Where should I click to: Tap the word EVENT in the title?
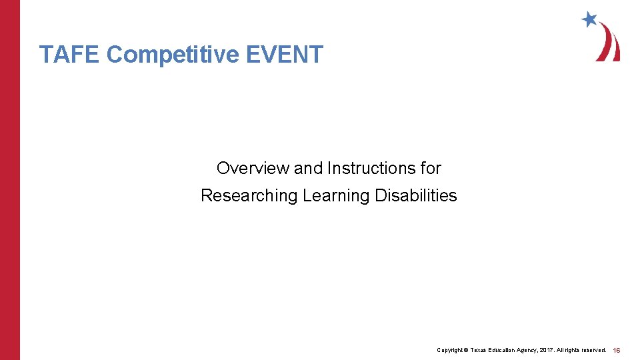(x=285, y=55)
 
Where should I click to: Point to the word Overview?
(x=253, y=168)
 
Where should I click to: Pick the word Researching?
(x=249, y=196)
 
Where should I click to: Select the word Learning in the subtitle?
(x=337, y=196)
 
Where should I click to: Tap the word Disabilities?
(x=416, y=196)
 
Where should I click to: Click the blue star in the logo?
(x=589, y=19)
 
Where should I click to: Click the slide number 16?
(x=617, y=350)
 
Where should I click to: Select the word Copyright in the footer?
(x=450, y=350)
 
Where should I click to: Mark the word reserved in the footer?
(x=593, y=350)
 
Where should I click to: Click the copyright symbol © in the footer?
(x=467, y=350)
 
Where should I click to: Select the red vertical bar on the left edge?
(x=10, y=180)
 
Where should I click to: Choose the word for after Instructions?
(x=431, y=168)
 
